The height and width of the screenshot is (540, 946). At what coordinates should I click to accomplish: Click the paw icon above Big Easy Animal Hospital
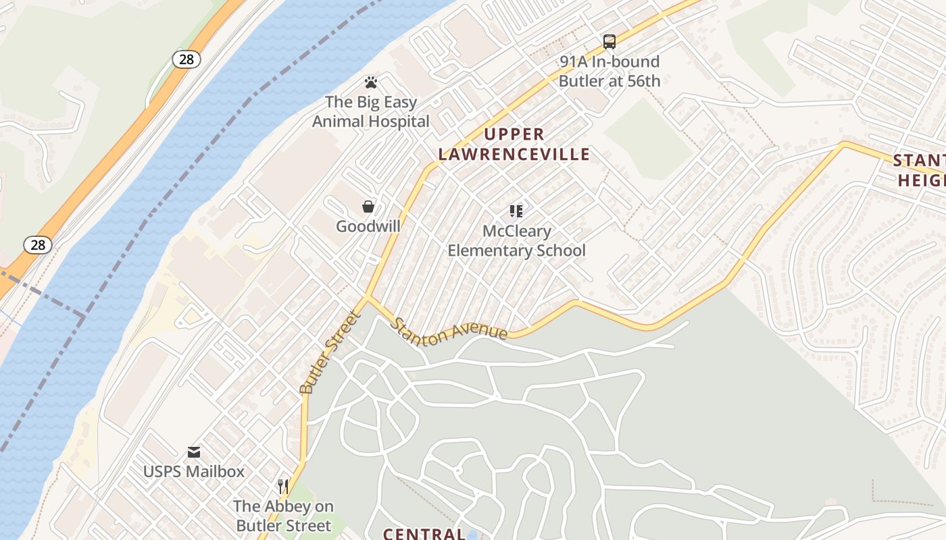370,82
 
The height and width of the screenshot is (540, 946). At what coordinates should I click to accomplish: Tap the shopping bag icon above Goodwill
368,206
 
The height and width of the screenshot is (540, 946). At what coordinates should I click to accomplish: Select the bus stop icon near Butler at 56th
609,42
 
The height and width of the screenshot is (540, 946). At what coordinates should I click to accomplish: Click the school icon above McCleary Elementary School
516,211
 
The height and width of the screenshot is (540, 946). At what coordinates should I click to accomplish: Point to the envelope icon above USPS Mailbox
194,452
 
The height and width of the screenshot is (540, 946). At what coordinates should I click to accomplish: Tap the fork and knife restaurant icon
283,486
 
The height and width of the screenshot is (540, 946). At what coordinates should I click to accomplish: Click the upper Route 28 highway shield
186,59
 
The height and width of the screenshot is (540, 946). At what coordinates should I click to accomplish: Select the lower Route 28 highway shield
38,244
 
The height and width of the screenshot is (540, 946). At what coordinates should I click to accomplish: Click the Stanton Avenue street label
449,329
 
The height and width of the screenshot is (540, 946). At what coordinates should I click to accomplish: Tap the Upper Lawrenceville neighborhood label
514,144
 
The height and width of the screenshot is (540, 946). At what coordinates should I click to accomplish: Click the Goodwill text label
368,226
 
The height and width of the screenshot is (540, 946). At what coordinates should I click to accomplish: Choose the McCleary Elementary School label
517,241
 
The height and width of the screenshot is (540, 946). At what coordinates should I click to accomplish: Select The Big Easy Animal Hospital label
370,112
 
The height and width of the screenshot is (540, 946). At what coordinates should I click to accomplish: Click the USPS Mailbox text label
194,471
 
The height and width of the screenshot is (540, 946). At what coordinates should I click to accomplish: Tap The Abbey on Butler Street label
282,516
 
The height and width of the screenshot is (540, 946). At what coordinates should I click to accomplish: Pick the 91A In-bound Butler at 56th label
609,71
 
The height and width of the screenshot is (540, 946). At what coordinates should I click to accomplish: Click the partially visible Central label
424,534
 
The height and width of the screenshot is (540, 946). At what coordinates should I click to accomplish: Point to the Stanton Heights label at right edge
919,170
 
